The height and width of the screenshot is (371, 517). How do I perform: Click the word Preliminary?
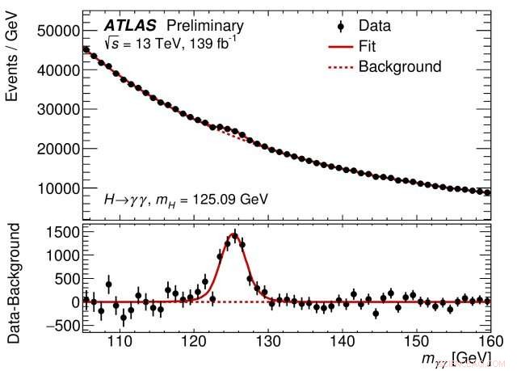(204, 27)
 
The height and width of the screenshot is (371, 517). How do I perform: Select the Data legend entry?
(377, 27)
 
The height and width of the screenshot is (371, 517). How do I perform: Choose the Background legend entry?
(400, 66)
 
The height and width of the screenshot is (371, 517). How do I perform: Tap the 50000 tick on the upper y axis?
(56, 31)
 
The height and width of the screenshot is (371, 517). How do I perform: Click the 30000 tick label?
(56, 109)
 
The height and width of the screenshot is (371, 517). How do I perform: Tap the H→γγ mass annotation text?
(185, 198)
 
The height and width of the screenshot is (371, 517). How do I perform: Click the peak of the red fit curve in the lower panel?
(233, 235)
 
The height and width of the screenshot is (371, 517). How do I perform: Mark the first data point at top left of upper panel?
(86, 49)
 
